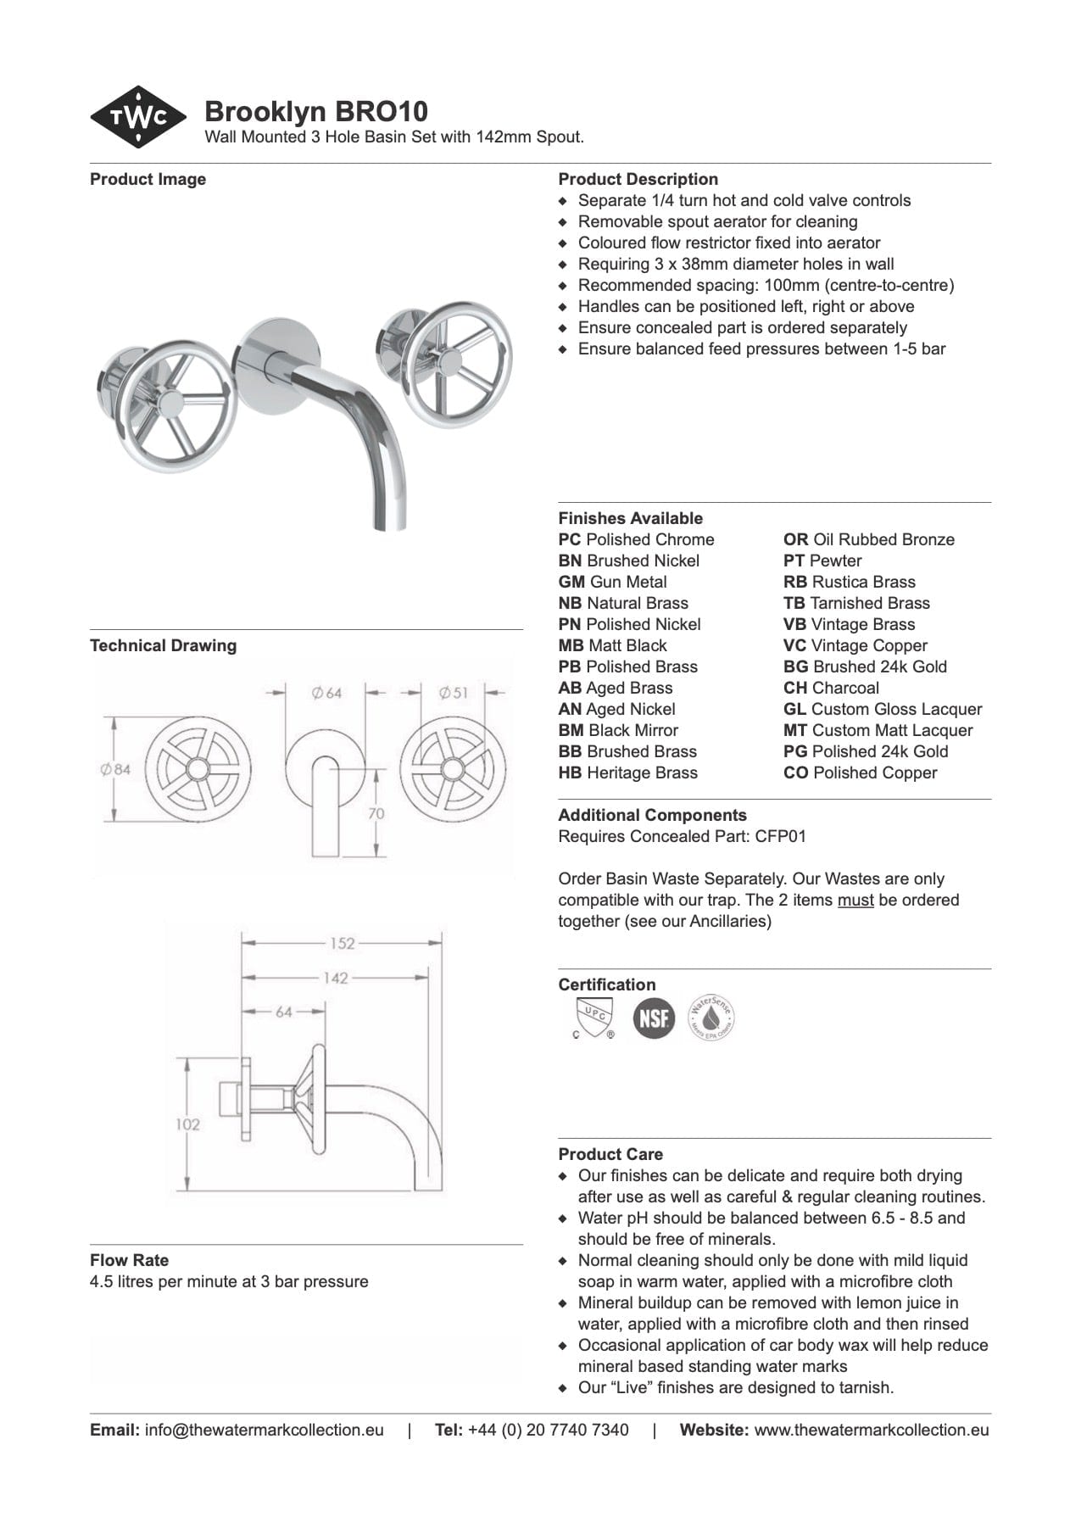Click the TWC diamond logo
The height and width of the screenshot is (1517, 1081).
138,118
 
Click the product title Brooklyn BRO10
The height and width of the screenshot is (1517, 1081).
315,111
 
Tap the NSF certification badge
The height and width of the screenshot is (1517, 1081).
654,1018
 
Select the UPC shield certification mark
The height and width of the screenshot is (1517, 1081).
593,1017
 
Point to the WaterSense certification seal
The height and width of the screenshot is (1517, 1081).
711,1018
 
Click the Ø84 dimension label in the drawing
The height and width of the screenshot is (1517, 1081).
115,769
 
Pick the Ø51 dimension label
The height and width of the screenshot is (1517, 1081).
453,693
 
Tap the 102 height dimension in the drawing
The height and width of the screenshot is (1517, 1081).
187,1124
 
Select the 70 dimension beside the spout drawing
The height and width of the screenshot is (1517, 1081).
376,813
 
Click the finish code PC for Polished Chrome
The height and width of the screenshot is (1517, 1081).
570,539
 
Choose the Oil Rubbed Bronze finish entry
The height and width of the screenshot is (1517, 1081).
868,539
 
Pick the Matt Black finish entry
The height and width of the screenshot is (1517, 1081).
612,645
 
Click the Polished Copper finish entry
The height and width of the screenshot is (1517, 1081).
860,772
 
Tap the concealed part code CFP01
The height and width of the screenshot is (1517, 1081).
780,836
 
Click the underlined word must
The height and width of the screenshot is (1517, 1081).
855,900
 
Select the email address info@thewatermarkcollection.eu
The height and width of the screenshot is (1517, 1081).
264,1430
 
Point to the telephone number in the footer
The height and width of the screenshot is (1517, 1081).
548,1430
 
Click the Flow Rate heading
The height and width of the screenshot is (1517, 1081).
129,1260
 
